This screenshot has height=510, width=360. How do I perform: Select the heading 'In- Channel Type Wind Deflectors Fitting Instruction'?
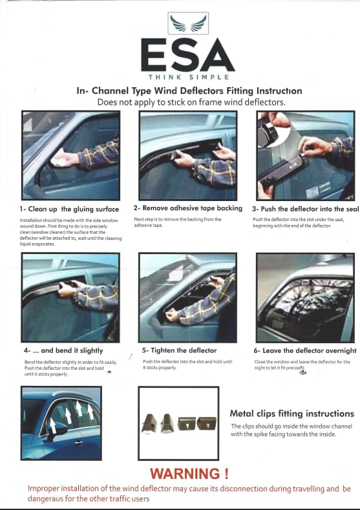(189, 91)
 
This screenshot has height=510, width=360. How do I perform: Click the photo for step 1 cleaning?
(70, 155)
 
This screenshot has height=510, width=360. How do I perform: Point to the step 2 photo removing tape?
(187, 153)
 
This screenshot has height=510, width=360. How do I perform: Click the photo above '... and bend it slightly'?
(70, 297)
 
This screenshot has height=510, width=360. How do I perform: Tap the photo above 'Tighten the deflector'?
(187, 297)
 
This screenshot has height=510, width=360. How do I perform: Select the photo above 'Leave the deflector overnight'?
(306, 297)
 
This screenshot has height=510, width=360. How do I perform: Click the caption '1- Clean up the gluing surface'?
(69, 209)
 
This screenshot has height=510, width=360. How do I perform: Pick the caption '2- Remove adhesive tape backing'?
(187, 208)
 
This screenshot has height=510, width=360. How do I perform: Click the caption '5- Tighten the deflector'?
(179, 350)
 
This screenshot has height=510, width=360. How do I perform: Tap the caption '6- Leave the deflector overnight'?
(305, 350)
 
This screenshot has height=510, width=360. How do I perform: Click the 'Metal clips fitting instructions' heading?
(291, 413)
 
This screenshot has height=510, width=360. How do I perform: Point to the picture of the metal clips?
(178, 423)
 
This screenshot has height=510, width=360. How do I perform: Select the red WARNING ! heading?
(189, 474)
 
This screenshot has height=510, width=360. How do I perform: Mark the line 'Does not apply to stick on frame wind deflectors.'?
(182, 102)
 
